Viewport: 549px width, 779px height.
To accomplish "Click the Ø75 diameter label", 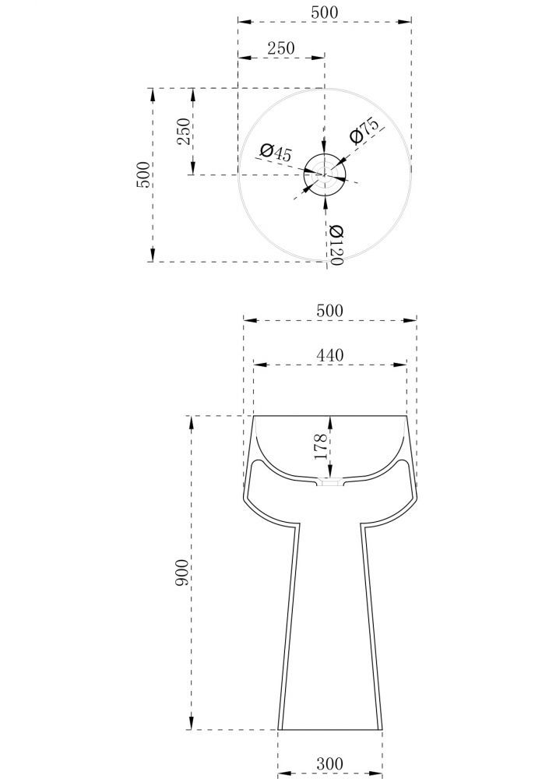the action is [x=364, y=130].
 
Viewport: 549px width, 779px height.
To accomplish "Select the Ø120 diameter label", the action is [x=336, y=245].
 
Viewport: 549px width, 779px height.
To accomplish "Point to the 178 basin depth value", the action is [x=321, y=446].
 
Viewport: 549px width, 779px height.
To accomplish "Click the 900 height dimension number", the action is [x=182, y=573].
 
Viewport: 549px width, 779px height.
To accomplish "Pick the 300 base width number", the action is [x=329, y=763].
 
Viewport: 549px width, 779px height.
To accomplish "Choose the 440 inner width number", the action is [x=329, y=354].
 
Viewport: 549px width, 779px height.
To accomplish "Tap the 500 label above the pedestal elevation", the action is [x=329, y=311].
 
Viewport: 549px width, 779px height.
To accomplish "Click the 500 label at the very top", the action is [x=324, y=12].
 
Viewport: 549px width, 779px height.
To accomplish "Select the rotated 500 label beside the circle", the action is [x=143, y=174].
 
